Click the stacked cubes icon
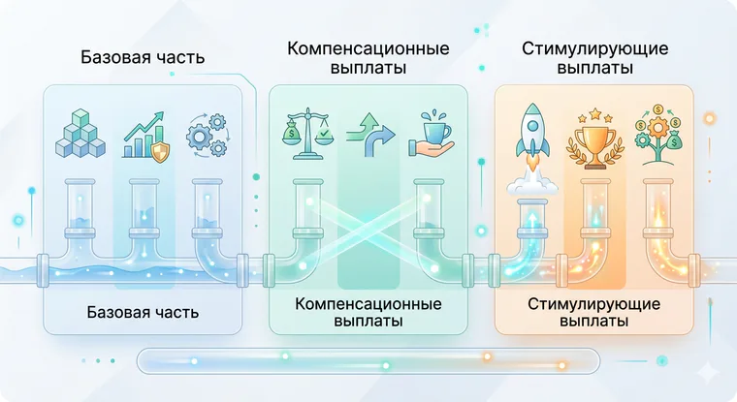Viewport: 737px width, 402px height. [x=80, y=133]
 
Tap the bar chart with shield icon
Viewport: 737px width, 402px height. [x=146, y=138]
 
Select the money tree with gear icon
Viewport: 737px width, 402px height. [x=659, y=136]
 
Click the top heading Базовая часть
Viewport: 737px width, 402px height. [x=143, y=57]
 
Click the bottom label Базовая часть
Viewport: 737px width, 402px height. [x=143, y=312]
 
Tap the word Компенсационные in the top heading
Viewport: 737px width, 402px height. [x=368, y=48]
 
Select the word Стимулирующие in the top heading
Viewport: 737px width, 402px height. [x=594, y=48]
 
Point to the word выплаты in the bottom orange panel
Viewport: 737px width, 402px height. [x=594, y=322]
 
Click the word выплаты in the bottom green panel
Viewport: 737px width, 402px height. [x=368, y=322]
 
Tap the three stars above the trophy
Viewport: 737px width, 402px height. [x=595, y=114]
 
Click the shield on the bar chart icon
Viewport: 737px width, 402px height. [x=160, y=152]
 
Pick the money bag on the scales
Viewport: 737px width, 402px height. [x=292, y=133]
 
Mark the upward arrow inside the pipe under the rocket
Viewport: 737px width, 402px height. [x=532, y=220]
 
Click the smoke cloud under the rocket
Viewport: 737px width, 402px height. [x=532, y=186]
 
